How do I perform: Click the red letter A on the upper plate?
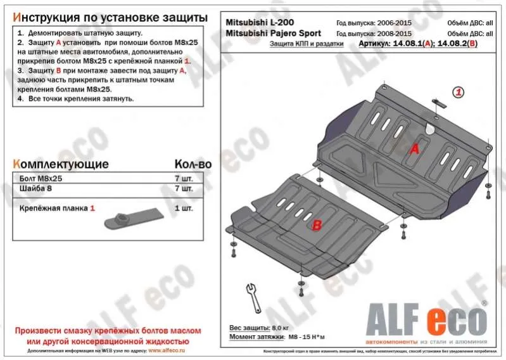(415, 149)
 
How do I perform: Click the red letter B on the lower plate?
(316, 224)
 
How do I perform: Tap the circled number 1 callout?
(459, 93)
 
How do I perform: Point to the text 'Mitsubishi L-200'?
(260, 22)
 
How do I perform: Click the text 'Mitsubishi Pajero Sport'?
(273, 33)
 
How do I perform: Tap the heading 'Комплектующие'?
(61, 164)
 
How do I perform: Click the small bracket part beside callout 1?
(436, 101)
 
